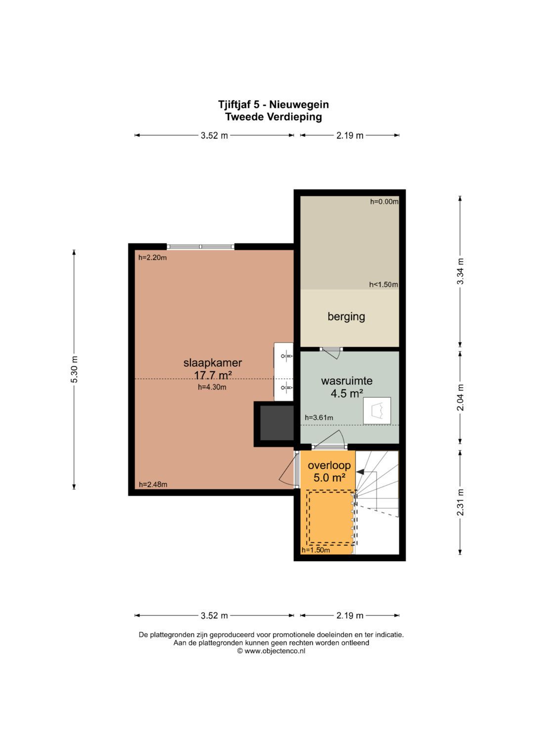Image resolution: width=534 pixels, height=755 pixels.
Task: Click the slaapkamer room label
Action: [x=213, y=363]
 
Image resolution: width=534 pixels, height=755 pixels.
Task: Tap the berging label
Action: [x=346, y=317]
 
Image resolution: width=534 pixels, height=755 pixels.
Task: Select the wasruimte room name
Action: [x=347, y=381]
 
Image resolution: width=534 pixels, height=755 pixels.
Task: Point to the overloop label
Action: [x=329, y=465]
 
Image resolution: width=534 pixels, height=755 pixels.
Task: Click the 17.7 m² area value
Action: [x=213, y=375]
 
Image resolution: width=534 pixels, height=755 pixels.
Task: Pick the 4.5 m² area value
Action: [x=347, y=393]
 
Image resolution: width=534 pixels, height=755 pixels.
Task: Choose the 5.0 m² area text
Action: [x=329, y=477]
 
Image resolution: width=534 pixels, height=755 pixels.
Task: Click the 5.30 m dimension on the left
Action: [x=74, y=369]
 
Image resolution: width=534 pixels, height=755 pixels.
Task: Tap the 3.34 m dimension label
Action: [x=460, y=271]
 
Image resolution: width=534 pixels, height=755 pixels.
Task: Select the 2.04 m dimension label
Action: [x=460, y=398]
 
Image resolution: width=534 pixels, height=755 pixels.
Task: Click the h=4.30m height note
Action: [x=212, y=387]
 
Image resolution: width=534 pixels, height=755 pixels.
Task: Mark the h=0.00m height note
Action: [x=384, y=202]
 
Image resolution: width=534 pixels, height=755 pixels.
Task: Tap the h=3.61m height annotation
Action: [x=319, y=418]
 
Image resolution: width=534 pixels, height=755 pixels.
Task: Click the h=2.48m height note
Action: [x=153, y=485]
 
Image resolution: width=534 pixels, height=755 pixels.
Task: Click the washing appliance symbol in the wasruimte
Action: [x=377, y=410]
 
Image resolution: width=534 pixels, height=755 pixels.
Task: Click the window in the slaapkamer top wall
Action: [x=201, y=247]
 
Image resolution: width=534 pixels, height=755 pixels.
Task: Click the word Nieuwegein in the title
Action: [x=299, y=104]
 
